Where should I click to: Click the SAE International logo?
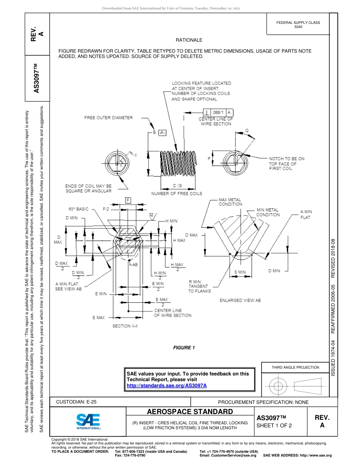(88, 421)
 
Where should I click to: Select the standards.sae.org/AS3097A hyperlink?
(166, 385)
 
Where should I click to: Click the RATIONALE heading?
(189, 40)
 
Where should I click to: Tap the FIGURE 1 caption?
(184, 348)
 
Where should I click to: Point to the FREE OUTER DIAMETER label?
(108, 118)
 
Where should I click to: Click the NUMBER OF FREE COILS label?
(177, 194)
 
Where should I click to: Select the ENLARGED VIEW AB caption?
(240, 300)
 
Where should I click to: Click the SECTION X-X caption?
(125, 326)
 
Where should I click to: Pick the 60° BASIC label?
(78, 209)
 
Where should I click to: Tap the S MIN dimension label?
(240, 272)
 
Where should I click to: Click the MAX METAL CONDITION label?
(230, 202)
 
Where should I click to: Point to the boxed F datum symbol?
(128, 200)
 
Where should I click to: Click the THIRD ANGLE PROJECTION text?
(295, 367)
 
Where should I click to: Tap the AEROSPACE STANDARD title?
(189, 411)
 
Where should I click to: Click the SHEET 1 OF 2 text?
(274, 425)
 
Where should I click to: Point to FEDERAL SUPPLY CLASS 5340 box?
(298, 25)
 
